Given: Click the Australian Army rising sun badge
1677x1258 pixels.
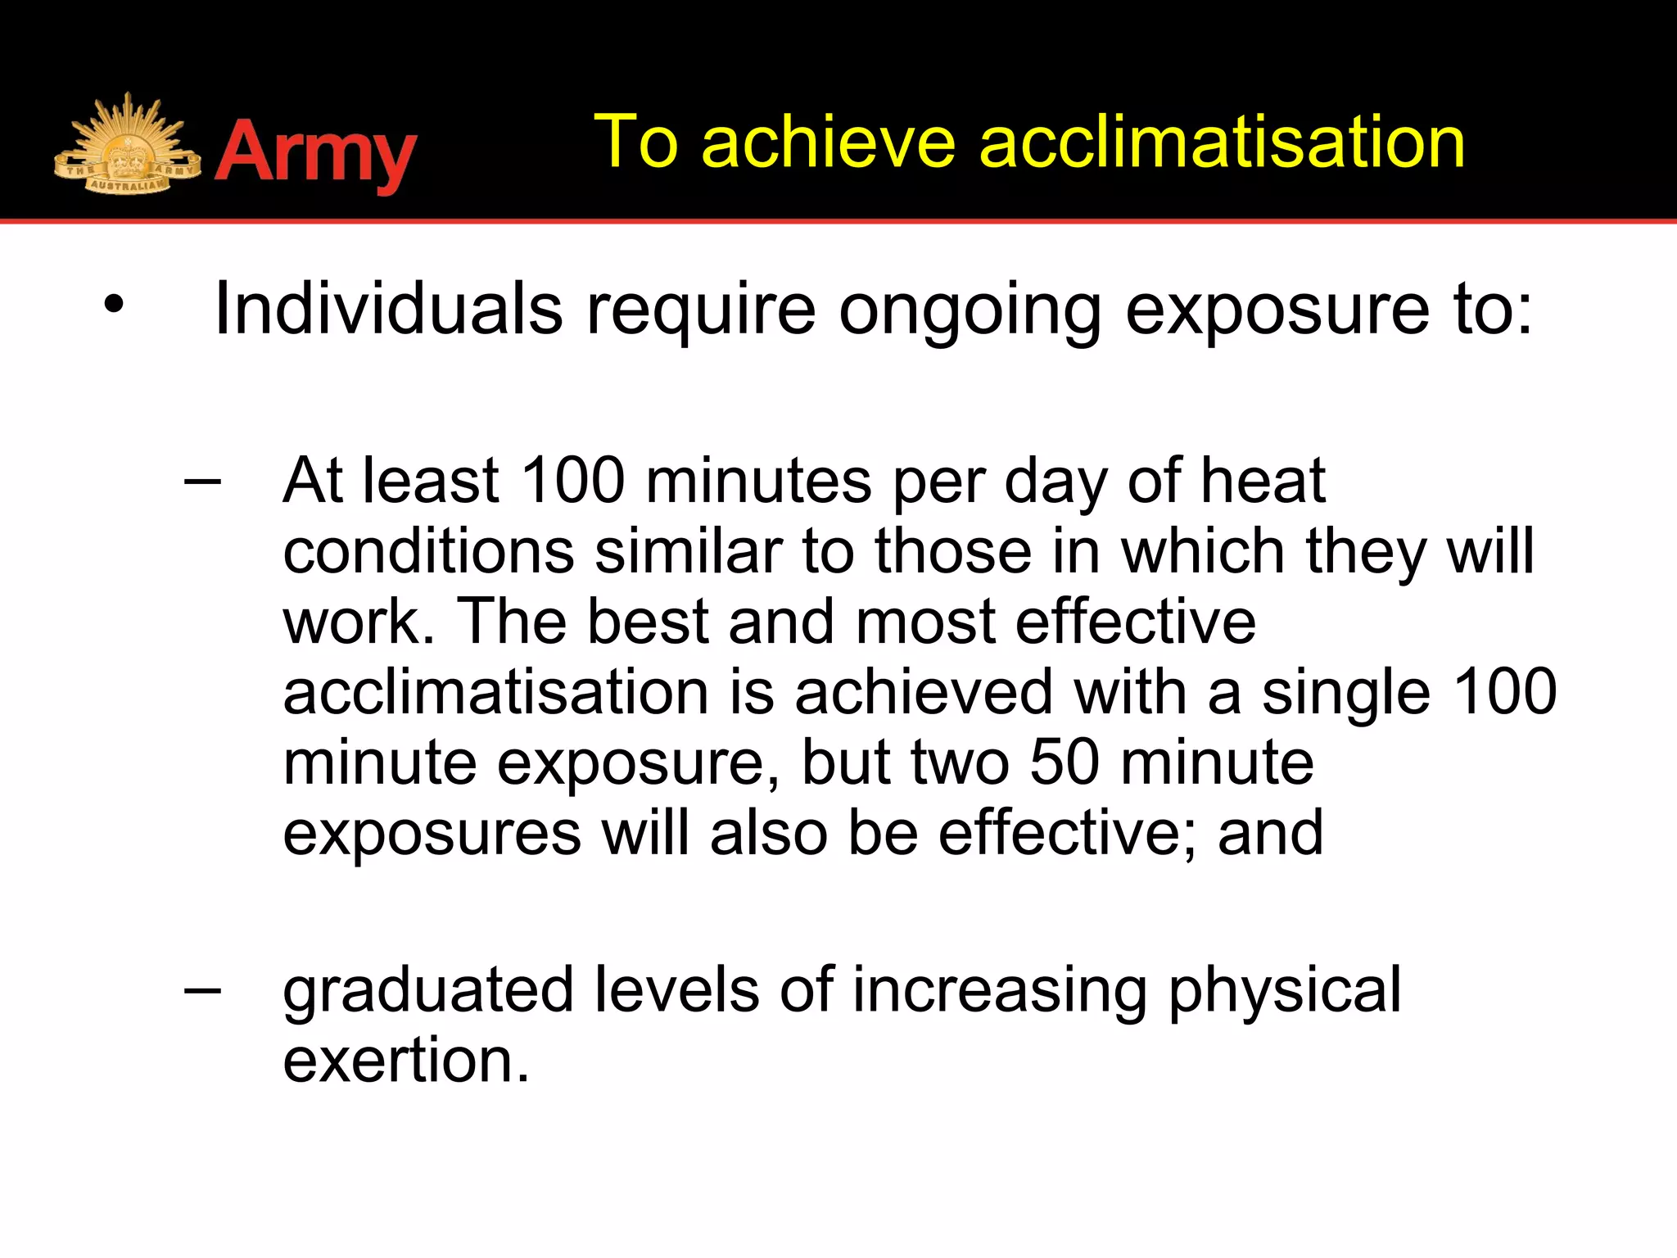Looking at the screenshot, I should point(127,146).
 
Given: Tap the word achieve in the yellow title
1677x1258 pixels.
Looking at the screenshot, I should point(828,143).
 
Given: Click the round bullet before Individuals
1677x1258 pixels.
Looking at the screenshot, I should point(114,305).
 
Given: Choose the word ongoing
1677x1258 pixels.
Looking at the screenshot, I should point(970,311).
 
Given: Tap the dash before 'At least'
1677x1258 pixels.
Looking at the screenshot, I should point(202,481).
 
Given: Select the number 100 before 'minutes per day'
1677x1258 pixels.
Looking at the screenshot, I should point(572,481).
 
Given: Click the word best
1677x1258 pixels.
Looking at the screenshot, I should point(647,622).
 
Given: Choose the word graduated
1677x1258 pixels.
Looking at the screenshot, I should point(427,992).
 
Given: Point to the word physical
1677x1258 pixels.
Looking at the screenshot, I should point(1284,992).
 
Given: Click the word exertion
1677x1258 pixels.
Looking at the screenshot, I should point(406,1061).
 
